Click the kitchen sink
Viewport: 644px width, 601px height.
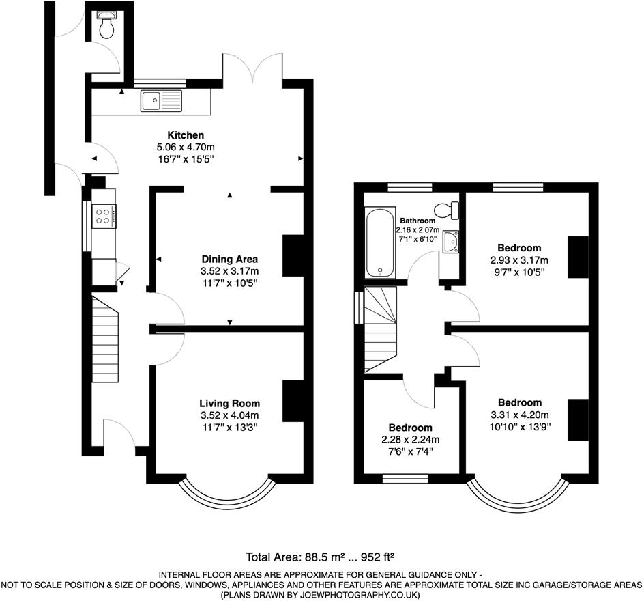tap(161, 101)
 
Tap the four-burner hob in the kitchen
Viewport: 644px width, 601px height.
tap(104, 216)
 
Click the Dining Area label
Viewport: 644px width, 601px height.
tap(229, 259)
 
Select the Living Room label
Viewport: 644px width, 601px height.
tap(229, 404)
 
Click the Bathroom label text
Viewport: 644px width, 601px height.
tap(418, 221)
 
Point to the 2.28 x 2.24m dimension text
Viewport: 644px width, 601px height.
tap(410, 439)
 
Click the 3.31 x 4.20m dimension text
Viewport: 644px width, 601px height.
tap(519, 415)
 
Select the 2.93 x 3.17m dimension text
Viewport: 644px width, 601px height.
tap(519, 260)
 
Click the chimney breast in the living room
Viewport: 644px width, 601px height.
tap(293, 401)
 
